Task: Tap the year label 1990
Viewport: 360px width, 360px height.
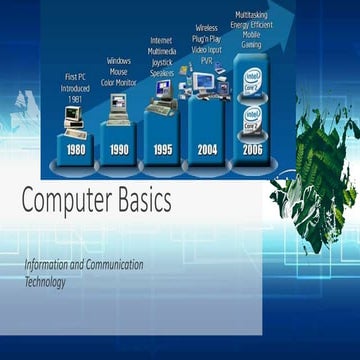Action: pos(119,149)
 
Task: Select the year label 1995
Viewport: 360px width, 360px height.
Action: pos(163,149)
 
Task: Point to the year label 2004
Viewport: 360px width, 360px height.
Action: pos(208,149)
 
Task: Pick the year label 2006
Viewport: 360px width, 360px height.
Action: pos(253,149)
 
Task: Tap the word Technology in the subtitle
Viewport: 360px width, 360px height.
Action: pos(45,282)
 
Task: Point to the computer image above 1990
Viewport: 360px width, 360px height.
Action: pos(119,106)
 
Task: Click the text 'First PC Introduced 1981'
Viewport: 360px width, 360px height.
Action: pos(75,86)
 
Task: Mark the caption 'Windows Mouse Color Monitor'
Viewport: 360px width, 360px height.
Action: pos(119,71)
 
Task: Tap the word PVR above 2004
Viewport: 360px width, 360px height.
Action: pos(207,59)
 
